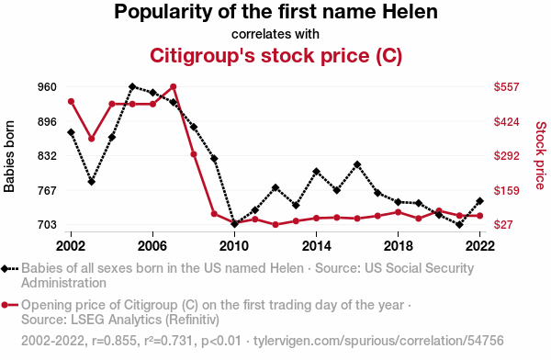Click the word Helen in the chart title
[x=410, y=12]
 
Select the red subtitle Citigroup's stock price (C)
[x=275, y=55]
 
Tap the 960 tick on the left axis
[x=47, y=87]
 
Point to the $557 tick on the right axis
[x=506, y=87]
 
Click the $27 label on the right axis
[x=503, y=224]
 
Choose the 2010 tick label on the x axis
[x=234, y=246]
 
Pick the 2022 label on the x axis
[x=479, y=246]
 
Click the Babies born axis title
[x=9, y=156]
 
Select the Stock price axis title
[x=541, y=155]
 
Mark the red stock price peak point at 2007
[x=174, y=86]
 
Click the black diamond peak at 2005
[x=132, y=86]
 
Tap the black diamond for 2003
[x=91, y=182]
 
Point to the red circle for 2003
[x=91, y=139]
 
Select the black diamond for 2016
[x=357, y=164]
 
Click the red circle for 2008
[x=194, y=154]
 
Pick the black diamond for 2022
[x=479, y=201]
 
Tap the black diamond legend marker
[x=5, y=269]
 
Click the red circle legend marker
[x=5, y=305]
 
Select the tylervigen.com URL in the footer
[x=378, y=341]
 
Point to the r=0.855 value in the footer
[x=114, y=341]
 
